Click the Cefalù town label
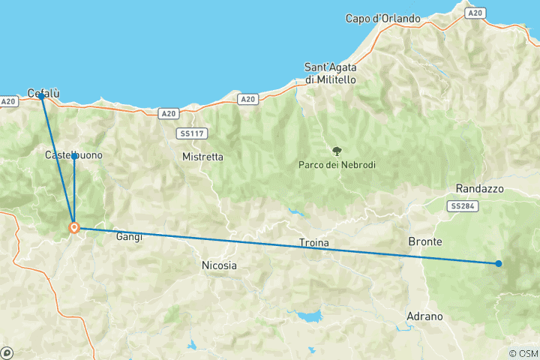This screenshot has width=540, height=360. coord(43,93)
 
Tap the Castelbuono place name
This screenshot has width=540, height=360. coord(73,155)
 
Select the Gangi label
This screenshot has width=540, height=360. coord(129,237)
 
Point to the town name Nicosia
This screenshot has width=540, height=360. coord(219,265)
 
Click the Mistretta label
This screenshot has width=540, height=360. coord(202,157)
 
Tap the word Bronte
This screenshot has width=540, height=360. coord(424,241)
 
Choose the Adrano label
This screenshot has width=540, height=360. coord(424,316)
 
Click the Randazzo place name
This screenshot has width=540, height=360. coord(479,188)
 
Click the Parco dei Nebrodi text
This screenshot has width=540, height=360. coord(337,165)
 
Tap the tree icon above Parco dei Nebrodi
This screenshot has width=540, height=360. coord(337,150)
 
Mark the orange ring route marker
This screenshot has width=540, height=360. coord(74,227)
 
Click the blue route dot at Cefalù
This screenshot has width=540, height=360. coord(41,97)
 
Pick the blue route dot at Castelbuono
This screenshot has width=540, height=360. coord(74,156)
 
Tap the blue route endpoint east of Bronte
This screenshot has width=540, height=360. coord(499,263)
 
